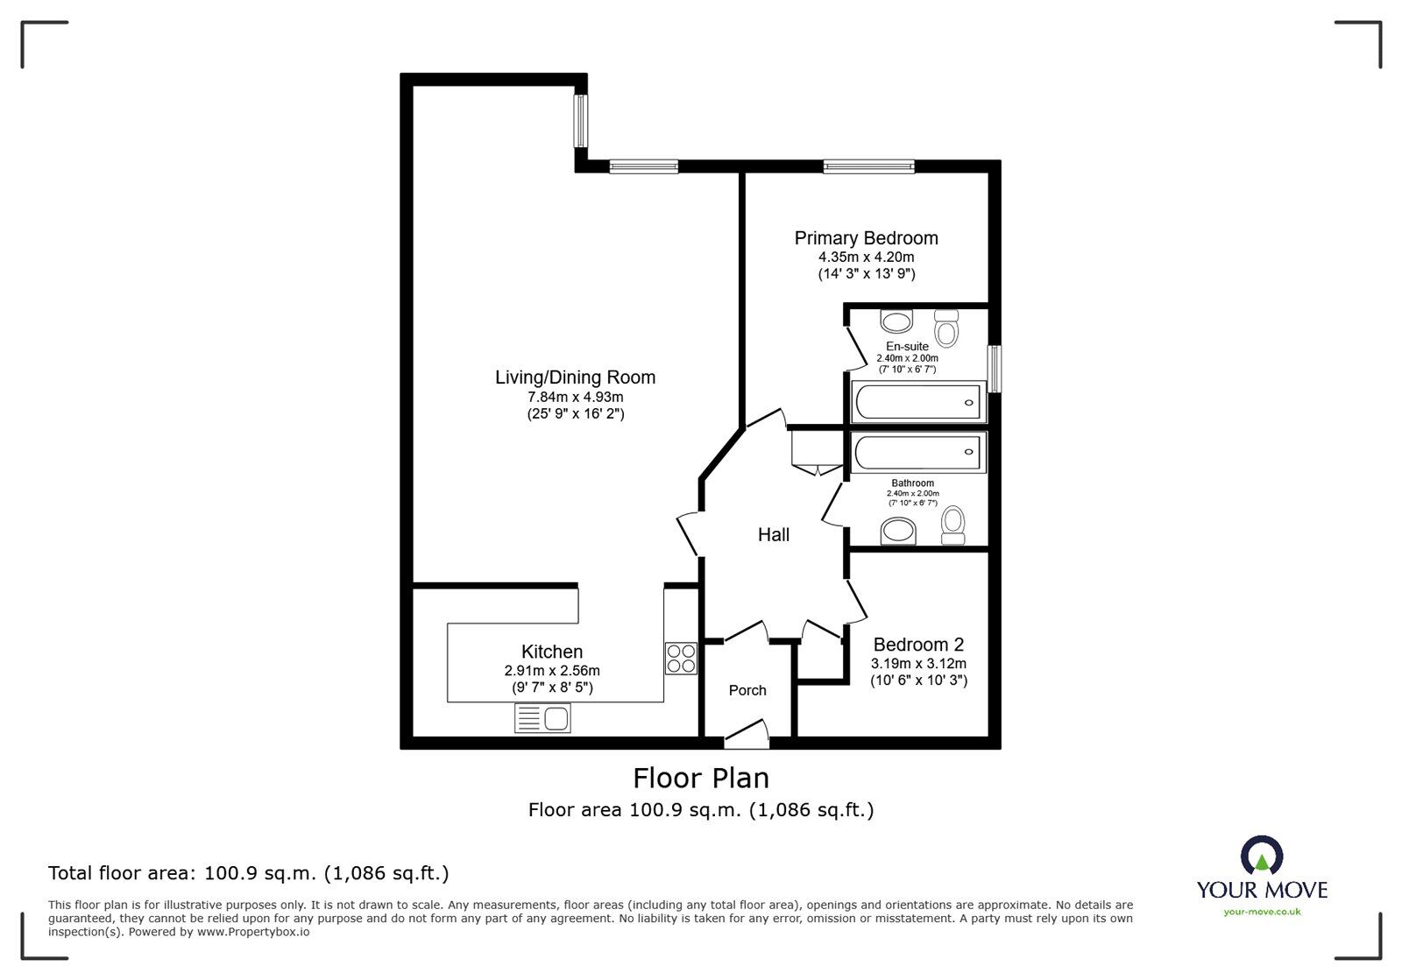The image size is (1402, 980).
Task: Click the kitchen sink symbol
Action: [542, 717]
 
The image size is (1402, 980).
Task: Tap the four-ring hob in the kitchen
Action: [681, 659]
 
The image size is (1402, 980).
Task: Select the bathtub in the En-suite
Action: [918, 402]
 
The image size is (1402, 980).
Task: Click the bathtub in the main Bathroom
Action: [918, 452]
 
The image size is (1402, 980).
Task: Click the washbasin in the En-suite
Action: [896, 321]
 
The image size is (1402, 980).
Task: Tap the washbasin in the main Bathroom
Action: [898, 532]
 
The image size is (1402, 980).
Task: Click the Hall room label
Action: [774, 535]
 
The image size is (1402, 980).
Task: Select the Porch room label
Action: [747, 690]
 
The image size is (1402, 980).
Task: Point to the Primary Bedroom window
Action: [868, 166]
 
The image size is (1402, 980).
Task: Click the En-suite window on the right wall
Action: [995, 369]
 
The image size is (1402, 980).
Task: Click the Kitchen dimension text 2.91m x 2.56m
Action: [552, 671]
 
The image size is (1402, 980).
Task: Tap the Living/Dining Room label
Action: [575, 377]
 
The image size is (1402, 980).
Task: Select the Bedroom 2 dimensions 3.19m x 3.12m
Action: [918, 664]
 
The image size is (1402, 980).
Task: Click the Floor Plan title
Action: [701, 778]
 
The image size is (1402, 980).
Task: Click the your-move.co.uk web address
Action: [1262, 912]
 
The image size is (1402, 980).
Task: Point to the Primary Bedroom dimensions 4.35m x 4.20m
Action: [867, 257]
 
